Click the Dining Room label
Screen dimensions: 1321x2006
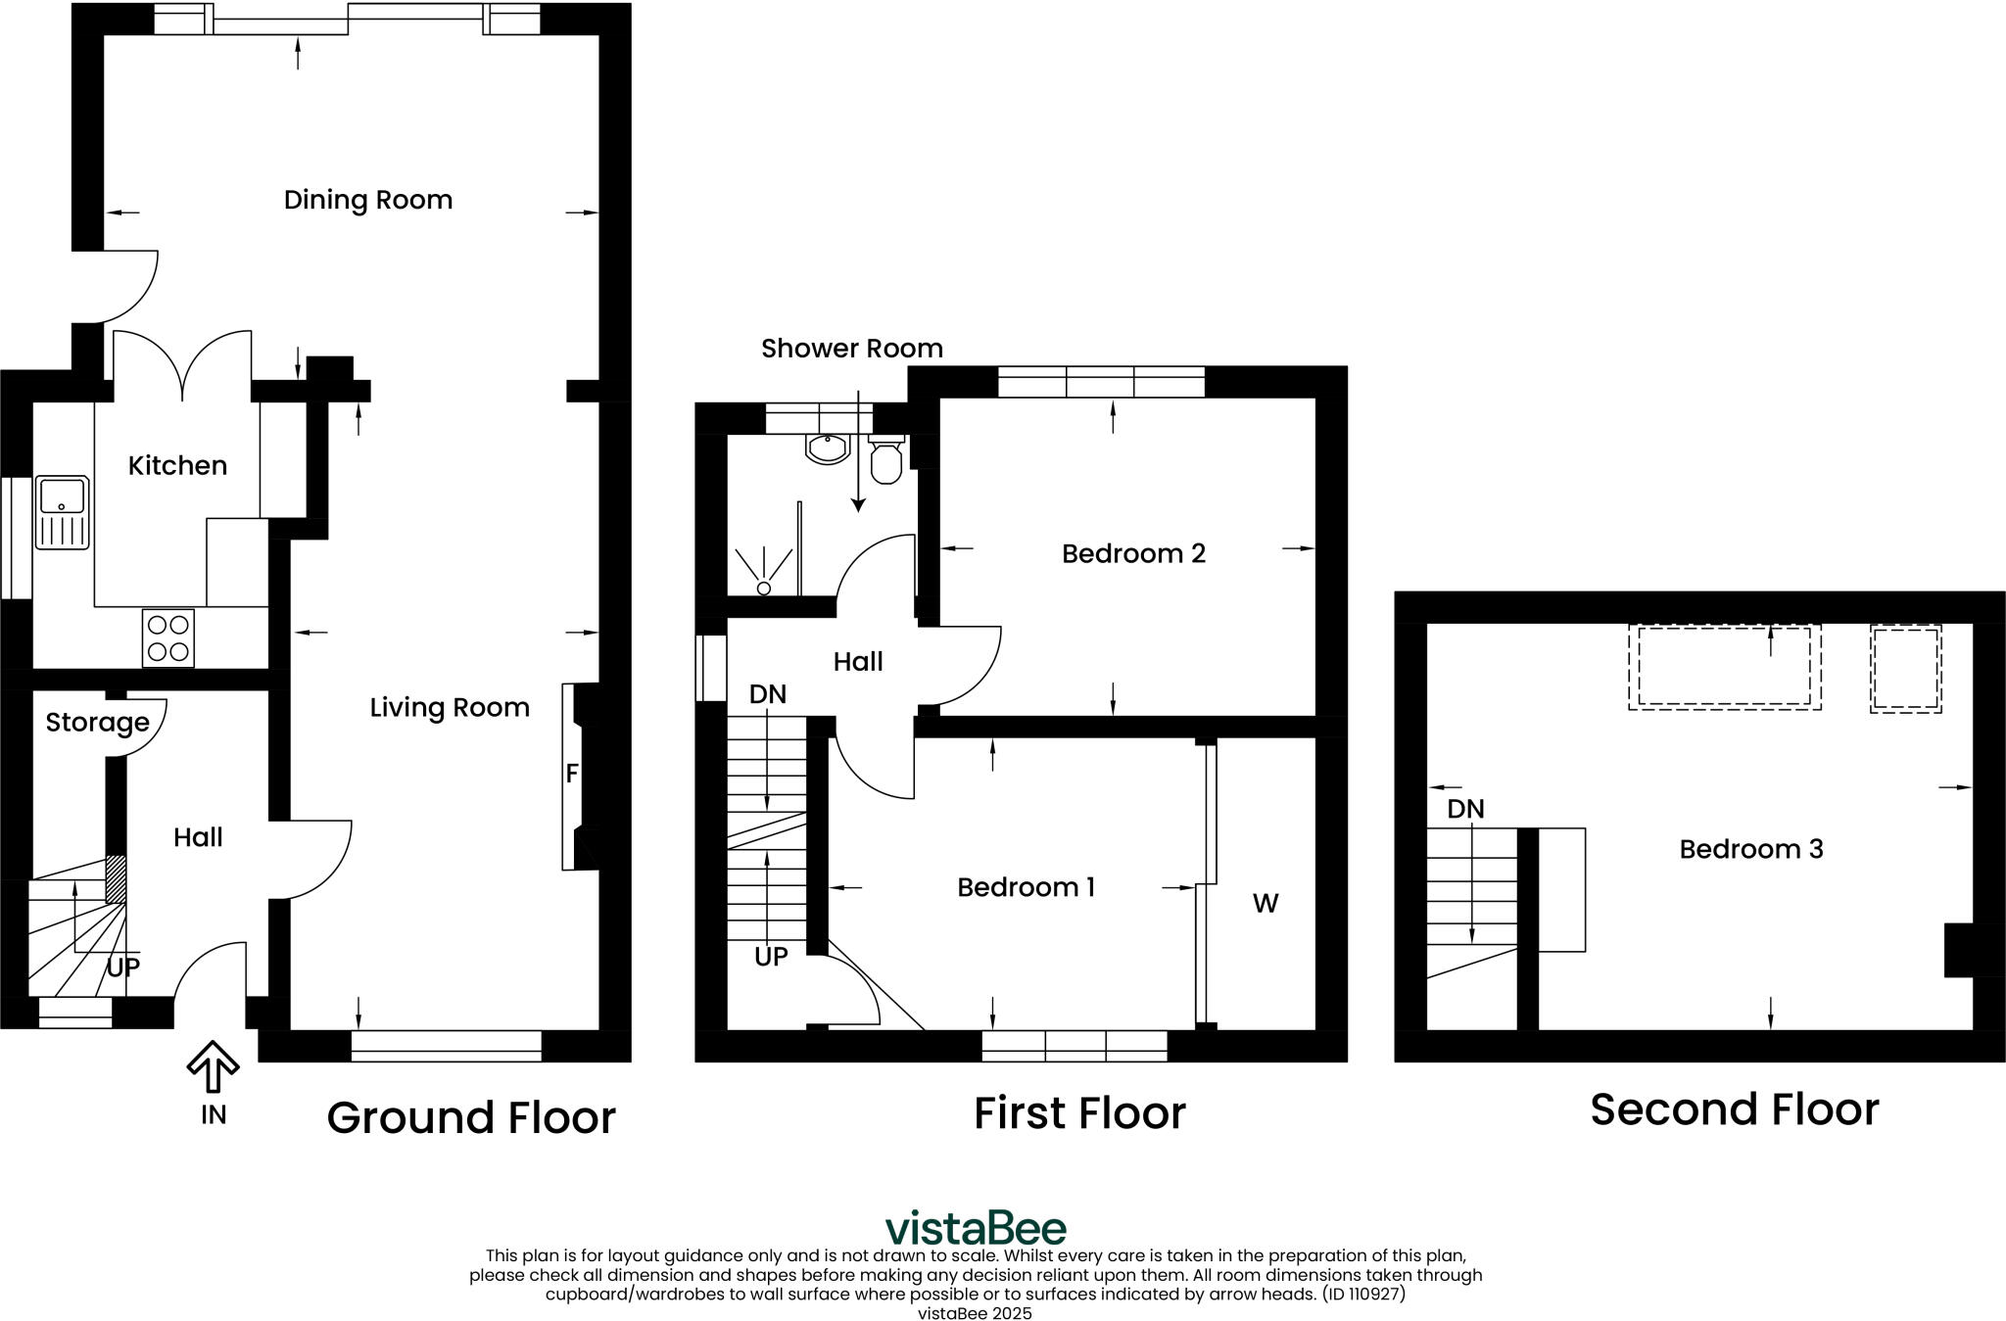tap(367, 200)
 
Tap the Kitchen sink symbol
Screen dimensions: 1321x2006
tap(62, 512)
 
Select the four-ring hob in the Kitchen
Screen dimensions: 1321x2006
tap(167, 638)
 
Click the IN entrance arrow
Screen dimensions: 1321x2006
tap(213, 1068)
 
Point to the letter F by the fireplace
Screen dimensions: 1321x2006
tap(572, 774)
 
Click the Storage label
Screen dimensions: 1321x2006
tap(97, 723)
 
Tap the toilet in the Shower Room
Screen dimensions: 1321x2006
tap(885, 461)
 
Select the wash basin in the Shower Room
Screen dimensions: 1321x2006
tap(828, 448)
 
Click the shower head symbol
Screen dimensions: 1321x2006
tap(764, 588)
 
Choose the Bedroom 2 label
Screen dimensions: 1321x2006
tap(1133, 554)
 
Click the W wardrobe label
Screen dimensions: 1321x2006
tap(1265, 904)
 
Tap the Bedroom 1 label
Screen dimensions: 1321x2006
tap(1026, 887)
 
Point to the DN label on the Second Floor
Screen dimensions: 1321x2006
tap(1465, 810)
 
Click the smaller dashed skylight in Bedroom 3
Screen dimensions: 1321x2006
tap(1905, 668)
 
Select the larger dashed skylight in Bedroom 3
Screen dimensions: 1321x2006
tap(1724, 666)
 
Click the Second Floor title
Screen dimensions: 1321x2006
tap(1734, 1109)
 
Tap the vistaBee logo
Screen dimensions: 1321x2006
tap(976, 1227)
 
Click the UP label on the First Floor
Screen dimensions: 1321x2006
tap(771, 957)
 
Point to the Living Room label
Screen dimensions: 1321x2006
tap(450, 708)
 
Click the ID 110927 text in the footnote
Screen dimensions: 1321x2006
tap(1363, 1294)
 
